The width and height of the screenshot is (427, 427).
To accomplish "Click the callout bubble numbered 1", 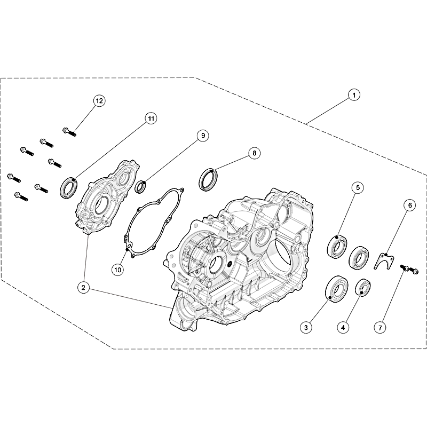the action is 354,95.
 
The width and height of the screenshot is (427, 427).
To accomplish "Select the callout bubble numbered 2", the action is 83,287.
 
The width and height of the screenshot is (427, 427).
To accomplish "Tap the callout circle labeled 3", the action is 306,327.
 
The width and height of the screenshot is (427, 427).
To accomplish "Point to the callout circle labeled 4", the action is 343,327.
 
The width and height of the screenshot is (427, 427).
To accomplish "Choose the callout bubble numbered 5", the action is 358,188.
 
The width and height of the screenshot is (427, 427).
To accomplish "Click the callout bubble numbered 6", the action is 410,205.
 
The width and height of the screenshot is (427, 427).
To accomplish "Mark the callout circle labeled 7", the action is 380,327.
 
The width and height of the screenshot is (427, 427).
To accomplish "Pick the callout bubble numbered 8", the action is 255,153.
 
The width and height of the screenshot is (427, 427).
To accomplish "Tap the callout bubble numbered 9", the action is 203,136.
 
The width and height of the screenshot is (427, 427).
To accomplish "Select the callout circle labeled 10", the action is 117,270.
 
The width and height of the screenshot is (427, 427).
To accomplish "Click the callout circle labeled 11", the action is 151,118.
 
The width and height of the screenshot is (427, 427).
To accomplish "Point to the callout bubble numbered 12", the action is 99,101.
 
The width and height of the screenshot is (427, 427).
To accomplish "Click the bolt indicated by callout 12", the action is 69,132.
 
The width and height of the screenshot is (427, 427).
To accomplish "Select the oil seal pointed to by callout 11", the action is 69,187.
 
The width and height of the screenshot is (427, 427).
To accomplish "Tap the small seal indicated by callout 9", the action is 141,186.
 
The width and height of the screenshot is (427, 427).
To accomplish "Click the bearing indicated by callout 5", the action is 337,247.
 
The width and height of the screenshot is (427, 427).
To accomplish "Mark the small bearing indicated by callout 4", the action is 363,287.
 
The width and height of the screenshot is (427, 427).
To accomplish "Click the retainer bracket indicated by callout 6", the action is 384,260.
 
